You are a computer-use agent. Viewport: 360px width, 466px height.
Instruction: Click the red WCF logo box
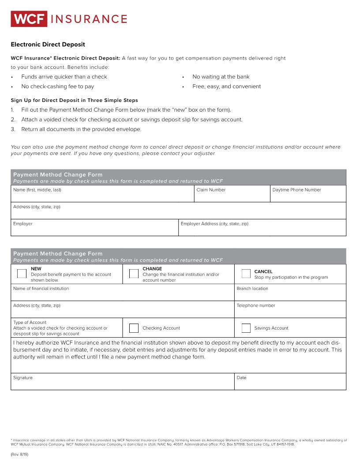tap(29, 19)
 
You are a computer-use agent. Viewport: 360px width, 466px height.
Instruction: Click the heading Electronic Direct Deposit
tap(48, 45)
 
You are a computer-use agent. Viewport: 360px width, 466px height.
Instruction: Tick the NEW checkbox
tap(22, 274)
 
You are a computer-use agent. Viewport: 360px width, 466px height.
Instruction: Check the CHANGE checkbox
tap(134, 274)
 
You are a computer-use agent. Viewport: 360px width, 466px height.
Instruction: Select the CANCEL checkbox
tap(246, 274)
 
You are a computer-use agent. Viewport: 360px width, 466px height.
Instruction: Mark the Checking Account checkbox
tap(134, 328)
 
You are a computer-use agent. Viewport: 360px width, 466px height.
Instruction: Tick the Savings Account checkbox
tap(246, 328)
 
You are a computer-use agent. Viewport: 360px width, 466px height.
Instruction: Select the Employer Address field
tap(262, 230)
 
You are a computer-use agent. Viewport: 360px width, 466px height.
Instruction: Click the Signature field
tap(122, 384)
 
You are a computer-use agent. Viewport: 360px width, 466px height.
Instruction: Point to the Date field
tap(290, 384)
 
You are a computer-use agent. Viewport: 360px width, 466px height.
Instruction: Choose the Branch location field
tap(290, 294)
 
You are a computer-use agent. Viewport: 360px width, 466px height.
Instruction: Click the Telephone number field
tap(290, 311)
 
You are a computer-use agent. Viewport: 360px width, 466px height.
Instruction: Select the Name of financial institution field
tap(122, 294)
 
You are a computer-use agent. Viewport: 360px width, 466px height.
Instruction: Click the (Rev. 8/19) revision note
tap(19, 454)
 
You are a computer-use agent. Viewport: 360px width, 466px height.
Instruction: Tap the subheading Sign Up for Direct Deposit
tap(74, 100)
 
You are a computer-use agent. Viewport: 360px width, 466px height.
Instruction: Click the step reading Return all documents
tap(81, 129)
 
